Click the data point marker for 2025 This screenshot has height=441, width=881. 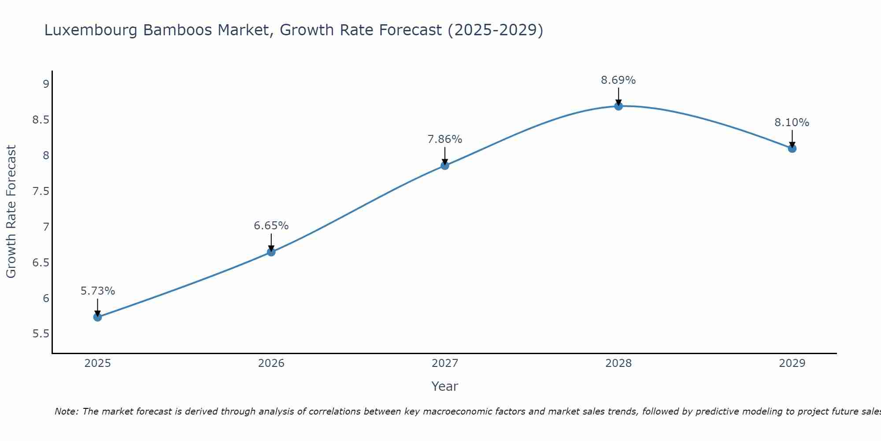coord(98,317)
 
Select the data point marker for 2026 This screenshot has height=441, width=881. coord(271,252)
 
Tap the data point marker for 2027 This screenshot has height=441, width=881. coord(445,165)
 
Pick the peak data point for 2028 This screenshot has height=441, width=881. coord(618,106)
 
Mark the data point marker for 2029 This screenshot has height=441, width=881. coord(792,148)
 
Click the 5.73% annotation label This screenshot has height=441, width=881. coord(98,291)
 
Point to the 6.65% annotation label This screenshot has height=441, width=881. coord(271,226)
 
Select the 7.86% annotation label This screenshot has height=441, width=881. coord(445,139)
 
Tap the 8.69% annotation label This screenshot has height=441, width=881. coord(618,80)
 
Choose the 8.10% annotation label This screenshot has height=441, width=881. coord(792,123)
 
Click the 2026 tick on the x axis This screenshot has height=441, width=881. coord(271,363)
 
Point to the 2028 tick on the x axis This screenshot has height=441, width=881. coord(618,363)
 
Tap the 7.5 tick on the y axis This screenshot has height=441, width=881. coord(41,191)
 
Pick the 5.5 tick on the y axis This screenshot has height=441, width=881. coord(41,334)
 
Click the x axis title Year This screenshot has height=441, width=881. coord(445,386)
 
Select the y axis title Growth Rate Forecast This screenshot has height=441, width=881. coord(11,212)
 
